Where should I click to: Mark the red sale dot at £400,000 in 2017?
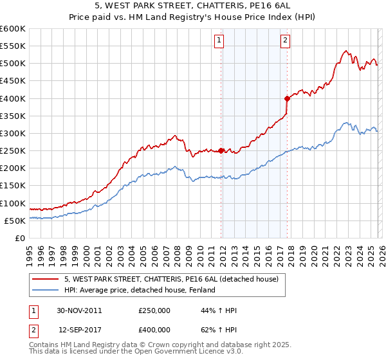click(x=287, y=98)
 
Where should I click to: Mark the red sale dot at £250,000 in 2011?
click(x=221, y=150)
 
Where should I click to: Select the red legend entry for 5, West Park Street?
click(x=170, y=279)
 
